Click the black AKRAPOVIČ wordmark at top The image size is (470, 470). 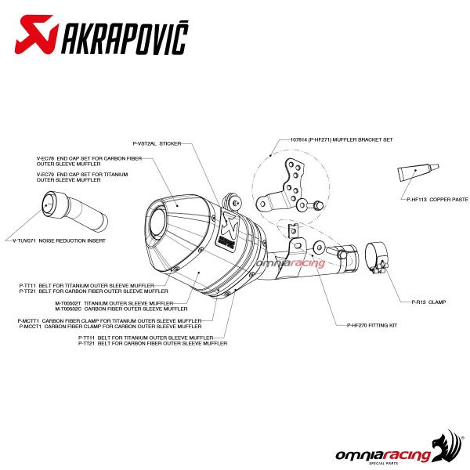point(125,38)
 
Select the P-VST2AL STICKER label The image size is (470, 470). point(157,143)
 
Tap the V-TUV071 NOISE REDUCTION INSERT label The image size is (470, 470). point(59,240)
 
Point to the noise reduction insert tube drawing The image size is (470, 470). point(74,211)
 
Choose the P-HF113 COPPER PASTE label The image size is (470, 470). point(437,199)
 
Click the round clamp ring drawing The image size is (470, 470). point(377,258)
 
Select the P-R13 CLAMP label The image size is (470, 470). point(428,302)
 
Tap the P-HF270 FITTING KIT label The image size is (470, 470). point(372,325)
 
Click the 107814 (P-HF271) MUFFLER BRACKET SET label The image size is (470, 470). point(342,139)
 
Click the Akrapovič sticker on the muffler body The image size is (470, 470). point(227,230)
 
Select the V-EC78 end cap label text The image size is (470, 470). point(89,161)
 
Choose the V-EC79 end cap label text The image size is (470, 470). point(82,177)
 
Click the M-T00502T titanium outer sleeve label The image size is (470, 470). point(114,303)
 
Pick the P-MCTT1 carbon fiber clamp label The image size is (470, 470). point(110,321)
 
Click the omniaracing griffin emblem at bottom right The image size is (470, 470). point(447,446)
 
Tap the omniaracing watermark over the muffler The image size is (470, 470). point(291,263)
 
